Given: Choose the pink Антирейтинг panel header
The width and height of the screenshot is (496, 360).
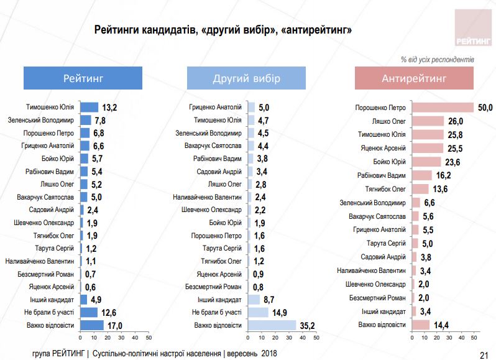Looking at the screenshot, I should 414,78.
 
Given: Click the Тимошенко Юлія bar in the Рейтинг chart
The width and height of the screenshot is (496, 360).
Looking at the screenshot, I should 90,107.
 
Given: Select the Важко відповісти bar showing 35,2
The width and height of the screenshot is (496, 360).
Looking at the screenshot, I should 272,325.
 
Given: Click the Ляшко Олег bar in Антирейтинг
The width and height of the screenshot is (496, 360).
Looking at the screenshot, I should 428,121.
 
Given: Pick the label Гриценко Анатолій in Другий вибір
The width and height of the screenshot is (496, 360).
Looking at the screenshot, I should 216,107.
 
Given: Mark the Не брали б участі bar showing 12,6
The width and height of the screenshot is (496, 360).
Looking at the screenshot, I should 90,312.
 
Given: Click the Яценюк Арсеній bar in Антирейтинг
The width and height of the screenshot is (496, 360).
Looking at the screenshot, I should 428,148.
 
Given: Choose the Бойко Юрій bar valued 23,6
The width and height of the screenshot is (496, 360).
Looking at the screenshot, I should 426,162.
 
